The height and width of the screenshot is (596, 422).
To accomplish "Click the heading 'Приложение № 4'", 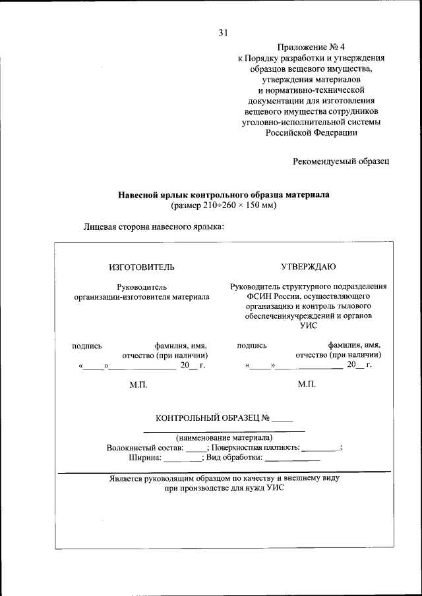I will click(x=312, y=48).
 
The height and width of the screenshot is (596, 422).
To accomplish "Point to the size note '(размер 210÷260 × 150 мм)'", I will click(x=223, y=205).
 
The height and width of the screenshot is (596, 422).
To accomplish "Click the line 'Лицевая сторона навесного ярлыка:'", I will click(x=154, y=227).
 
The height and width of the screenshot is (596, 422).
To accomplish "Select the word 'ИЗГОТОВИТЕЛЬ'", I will click(x=142, y=267).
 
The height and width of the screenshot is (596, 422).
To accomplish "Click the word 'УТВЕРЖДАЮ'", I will click(x=309, y=267).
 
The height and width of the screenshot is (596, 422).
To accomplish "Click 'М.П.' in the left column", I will click(x=140, y=384).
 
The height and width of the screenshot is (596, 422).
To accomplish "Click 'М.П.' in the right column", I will click(x=307, y=384).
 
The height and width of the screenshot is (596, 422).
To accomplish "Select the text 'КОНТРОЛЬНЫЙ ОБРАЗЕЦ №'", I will click(x=212, y=418).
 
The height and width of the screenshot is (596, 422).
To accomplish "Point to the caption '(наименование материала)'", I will click(x=224, y=437).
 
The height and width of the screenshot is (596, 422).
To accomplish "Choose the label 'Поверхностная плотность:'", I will click(x=255, y=447).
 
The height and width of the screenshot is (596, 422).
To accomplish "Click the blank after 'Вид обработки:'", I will click(x=292, y=457).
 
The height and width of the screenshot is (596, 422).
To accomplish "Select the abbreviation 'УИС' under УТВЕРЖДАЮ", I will click(x=308, y=326).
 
